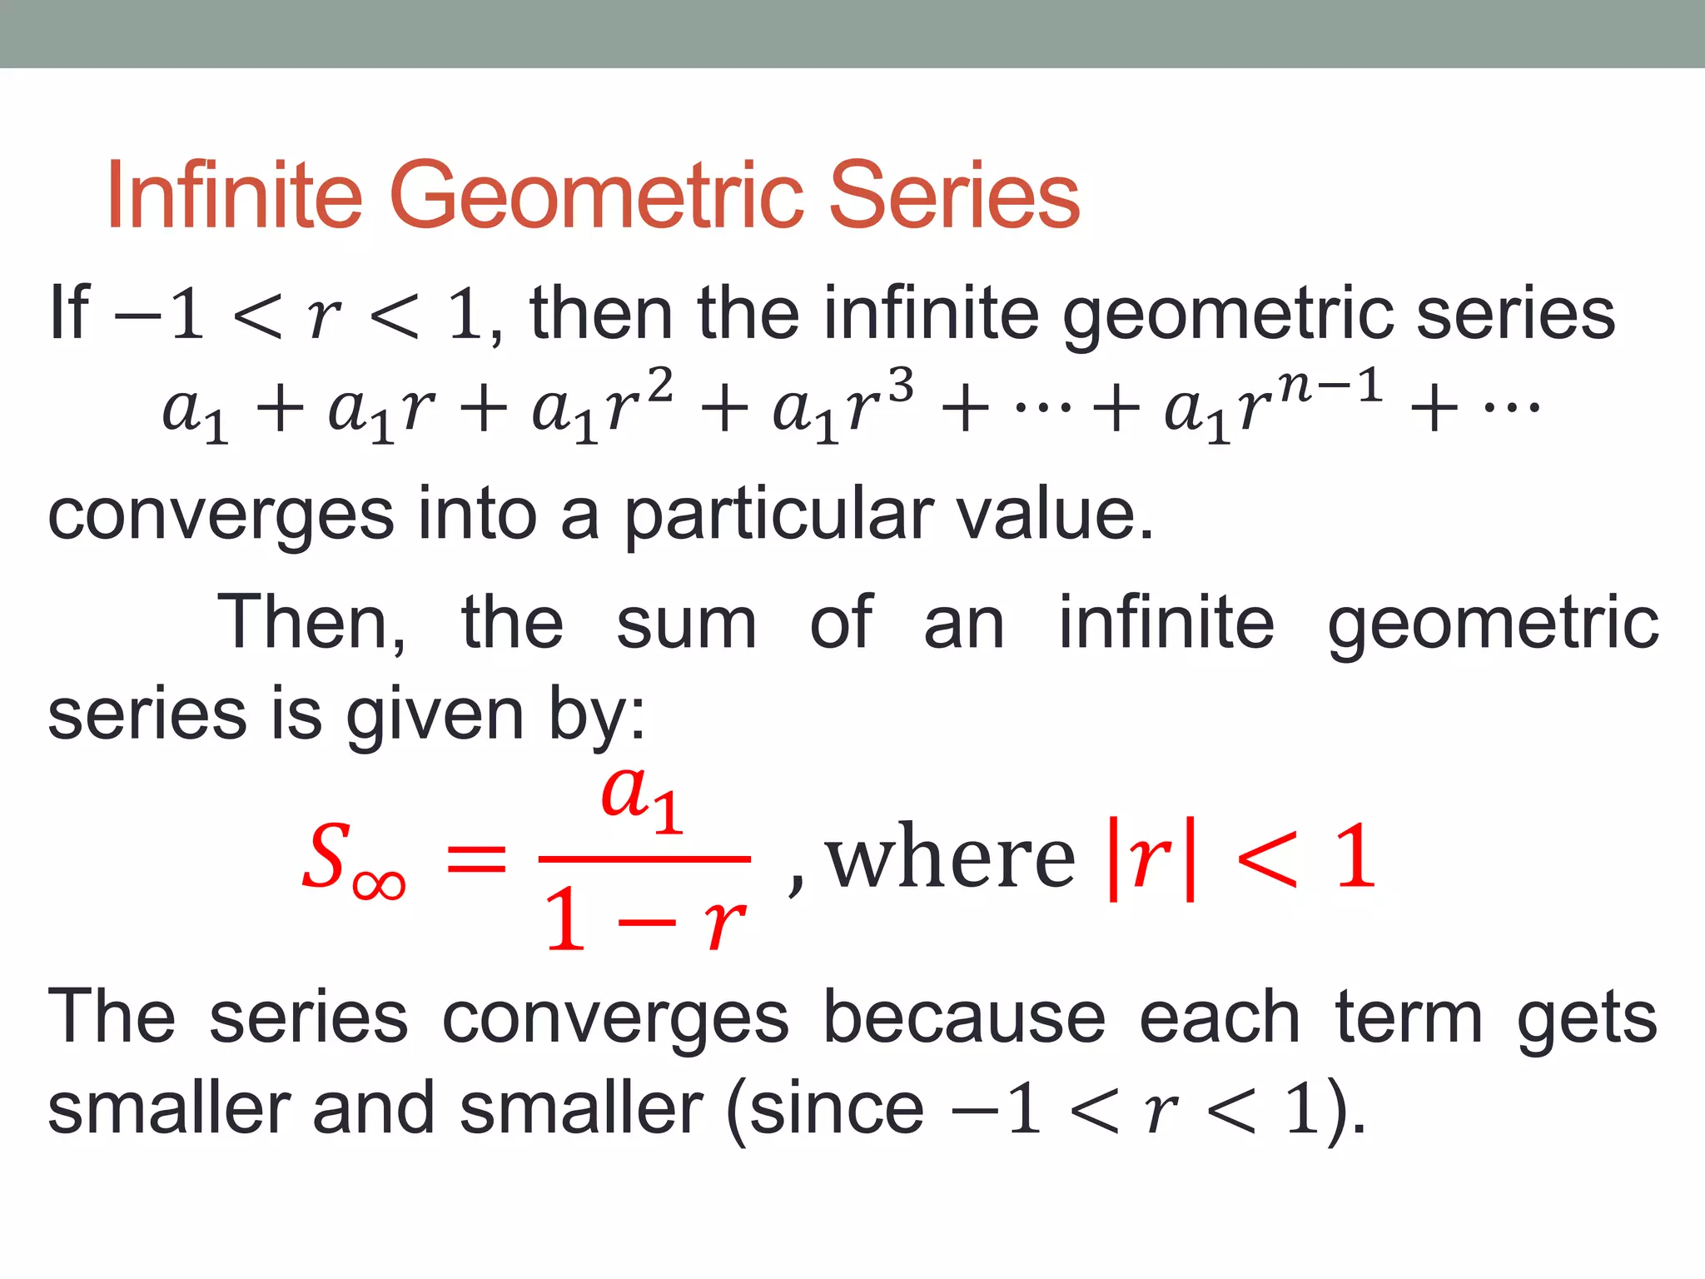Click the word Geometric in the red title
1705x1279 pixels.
[597, 197]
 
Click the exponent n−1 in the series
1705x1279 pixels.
[1330, 386]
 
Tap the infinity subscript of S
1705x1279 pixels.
[379, 884]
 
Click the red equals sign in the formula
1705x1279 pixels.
[476, 858]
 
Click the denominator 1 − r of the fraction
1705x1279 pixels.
[644, 920]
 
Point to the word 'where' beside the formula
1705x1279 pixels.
[951, 858]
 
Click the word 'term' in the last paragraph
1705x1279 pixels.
[1409, 1018]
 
